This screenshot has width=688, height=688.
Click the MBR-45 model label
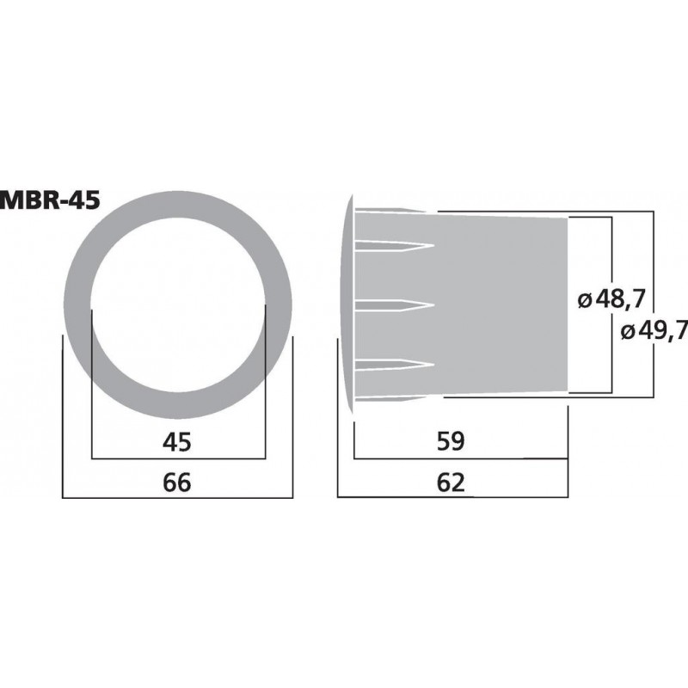coord(50,200)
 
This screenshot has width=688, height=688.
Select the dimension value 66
coord(177,482)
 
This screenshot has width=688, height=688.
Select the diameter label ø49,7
coord(653,329)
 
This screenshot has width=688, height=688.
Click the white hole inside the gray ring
coord(178,304)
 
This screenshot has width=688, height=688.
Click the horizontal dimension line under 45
coord(178,458)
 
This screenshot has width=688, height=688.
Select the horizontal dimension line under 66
coord(178,499)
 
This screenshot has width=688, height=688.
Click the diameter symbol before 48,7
coord(584,301)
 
